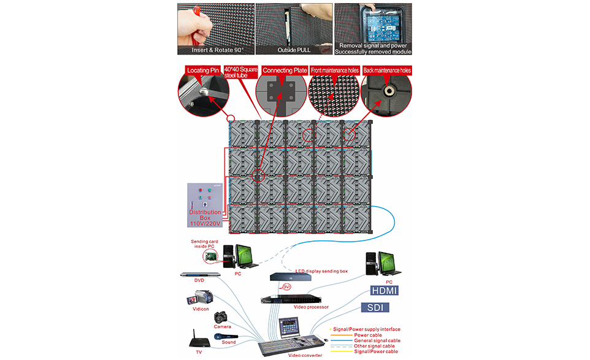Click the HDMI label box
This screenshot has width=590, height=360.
pyautogui.click(x=385, y=291)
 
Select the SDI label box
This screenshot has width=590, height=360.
pyautogui.click(x=380, y=307)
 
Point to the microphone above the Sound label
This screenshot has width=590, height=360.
pyautogui.click(x=228, y=336)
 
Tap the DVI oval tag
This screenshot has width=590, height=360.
pyautogui.click(x=286, y=286)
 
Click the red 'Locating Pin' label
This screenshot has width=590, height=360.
pyautogui.click(x=203, y=71)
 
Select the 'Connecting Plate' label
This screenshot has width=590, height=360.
pyautogui.click(x=285, y=71)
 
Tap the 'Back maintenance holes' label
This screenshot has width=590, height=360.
pyautogui.click(x=387, y=71)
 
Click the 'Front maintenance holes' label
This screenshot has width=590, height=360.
pyautogui.click(x=334, y=71)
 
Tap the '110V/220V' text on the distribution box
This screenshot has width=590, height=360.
pyautogui.click(x=205, y=224)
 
